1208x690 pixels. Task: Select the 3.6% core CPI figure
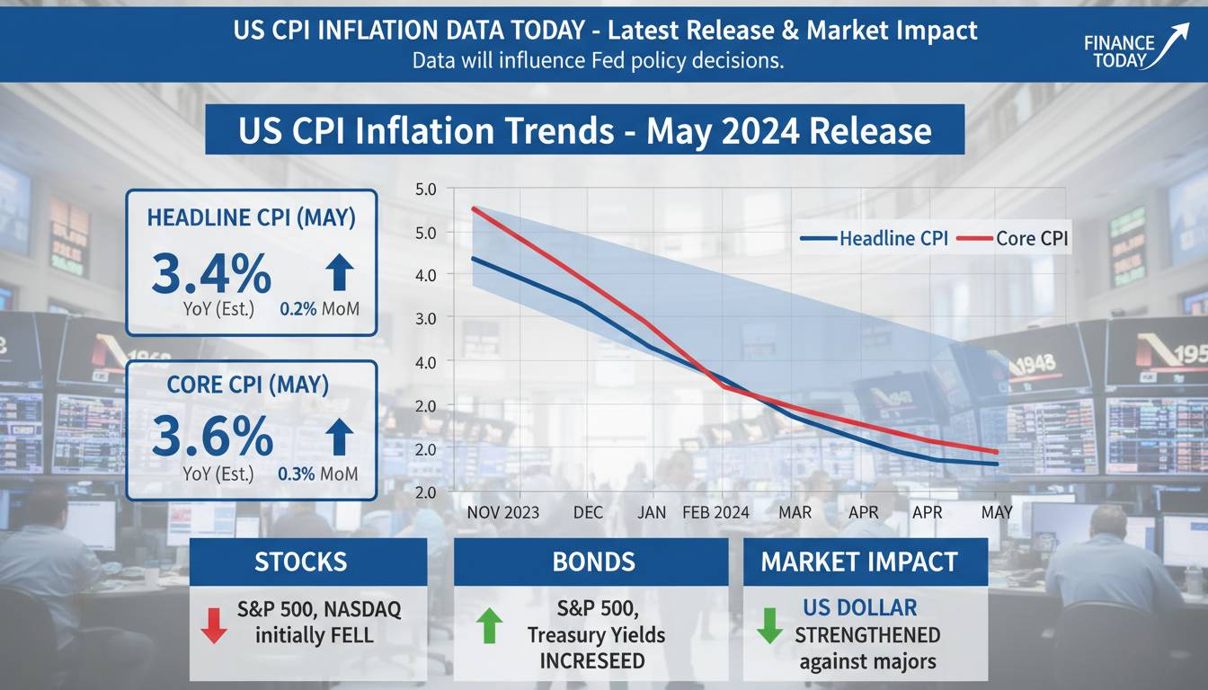coord(212,437)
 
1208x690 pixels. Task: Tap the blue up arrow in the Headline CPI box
coord(337,271)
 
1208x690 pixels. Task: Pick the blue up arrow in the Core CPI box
coord(338,436)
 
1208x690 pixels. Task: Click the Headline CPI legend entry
coord(874,238)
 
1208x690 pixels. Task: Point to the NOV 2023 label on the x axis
coord(503,512)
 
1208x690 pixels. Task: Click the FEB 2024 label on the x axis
coord(715,512)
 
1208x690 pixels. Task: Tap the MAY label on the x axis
coord(997,512)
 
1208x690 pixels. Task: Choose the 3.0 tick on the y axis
coord(425,318)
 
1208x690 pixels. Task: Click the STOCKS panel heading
coord(300,562)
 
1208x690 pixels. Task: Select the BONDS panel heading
coord(593,562)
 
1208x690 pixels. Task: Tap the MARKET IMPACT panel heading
coord(859,562)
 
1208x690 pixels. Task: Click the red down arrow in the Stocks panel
coord(214,624)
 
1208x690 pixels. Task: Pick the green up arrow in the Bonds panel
coord(487,624)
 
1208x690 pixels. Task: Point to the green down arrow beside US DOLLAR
coord(769,624)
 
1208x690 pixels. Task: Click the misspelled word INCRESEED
coord(592,661)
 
